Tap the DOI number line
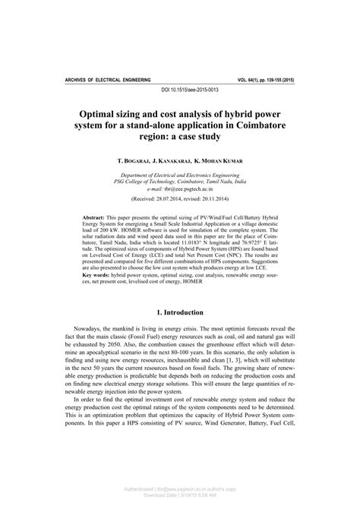[180, 90]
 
